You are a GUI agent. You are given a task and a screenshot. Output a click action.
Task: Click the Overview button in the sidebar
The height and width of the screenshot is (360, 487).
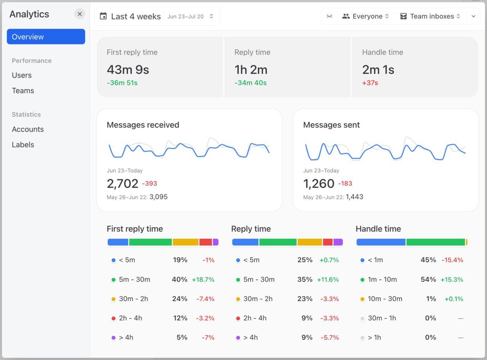[46, 37]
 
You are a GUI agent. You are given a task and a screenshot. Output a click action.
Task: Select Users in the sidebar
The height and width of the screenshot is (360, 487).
[22, 75]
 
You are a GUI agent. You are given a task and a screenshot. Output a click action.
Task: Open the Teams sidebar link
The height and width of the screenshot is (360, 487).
[23, 90]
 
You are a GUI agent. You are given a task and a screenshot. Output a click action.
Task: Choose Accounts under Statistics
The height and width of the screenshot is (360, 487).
[28, 129]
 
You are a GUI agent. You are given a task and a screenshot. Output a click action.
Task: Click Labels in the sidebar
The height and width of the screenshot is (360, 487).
[23, 144]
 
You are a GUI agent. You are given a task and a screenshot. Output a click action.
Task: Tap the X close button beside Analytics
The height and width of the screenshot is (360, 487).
[80, 14]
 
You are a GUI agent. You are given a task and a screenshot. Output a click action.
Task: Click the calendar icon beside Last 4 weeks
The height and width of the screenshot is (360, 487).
[103, 16]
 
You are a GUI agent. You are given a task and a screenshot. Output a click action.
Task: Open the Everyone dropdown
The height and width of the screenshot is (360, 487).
[365, 16]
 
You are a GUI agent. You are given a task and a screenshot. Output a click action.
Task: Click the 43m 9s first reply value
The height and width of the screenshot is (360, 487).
[128, 70]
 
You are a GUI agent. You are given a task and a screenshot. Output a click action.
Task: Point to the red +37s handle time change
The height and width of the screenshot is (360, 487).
[370, 83]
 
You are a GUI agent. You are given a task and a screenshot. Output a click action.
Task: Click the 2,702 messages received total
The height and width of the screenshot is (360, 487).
[123, 184]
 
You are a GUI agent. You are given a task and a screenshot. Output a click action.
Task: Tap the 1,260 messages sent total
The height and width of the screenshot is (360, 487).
[318, 184]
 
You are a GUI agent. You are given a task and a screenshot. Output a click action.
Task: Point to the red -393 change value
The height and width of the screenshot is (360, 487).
[150, 184]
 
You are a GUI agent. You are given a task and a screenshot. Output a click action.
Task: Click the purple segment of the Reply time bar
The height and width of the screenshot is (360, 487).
[338, 242]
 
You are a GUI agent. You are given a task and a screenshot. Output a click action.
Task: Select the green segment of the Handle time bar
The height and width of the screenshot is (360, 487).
[436, 242]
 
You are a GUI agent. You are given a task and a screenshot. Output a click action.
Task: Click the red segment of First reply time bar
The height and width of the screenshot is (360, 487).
[205, 242]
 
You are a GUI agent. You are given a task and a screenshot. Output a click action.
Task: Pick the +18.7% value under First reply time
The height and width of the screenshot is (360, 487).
[203, 279]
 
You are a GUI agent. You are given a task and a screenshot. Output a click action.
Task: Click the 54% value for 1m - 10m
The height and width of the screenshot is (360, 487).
[428, 279]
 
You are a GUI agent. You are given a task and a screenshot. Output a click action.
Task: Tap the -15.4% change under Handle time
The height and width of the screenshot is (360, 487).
[452, 260]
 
